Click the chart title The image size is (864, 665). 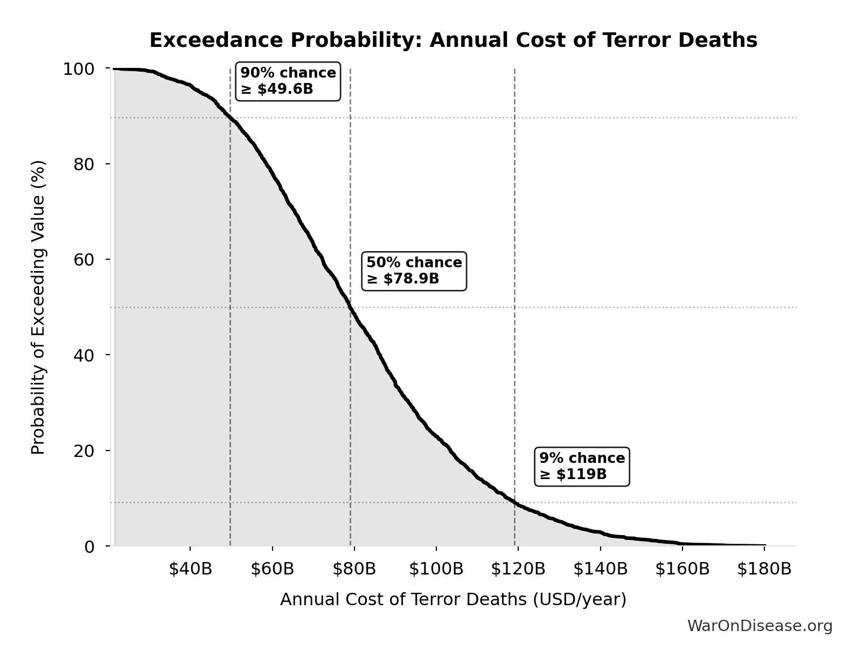[453, 40]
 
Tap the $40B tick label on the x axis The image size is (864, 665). [190, 569]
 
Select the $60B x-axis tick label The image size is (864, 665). [273, 569]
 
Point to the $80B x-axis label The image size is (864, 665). [354, 569]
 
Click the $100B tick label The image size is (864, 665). [436, 569]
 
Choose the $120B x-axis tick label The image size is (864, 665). [518, 569]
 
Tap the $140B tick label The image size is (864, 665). [600, 569]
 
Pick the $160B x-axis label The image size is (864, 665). [682, 569]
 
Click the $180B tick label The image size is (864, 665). [764, 569]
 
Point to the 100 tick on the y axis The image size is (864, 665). [79, 69]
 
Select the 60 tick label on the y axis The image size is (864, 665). [84, 260]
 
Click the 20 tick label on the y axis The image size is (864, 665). [84, 451]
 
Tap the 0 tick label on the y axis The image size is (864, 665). [89, 547]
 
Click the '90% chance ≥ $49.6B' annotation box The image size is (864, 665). [288, 81]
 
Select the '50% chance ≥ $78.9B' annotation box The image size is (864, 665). [414, 271]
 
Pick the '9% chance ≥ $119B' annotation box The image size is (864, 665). [582, 466]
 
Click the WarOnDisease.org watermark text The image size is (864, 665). [760, 626]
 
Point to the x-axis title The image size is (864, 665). [453, 599]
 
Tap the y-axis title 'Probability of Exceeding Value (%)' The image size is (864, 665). [38, 307]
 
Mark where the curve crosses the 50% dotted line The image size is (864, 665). [350, 307]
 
